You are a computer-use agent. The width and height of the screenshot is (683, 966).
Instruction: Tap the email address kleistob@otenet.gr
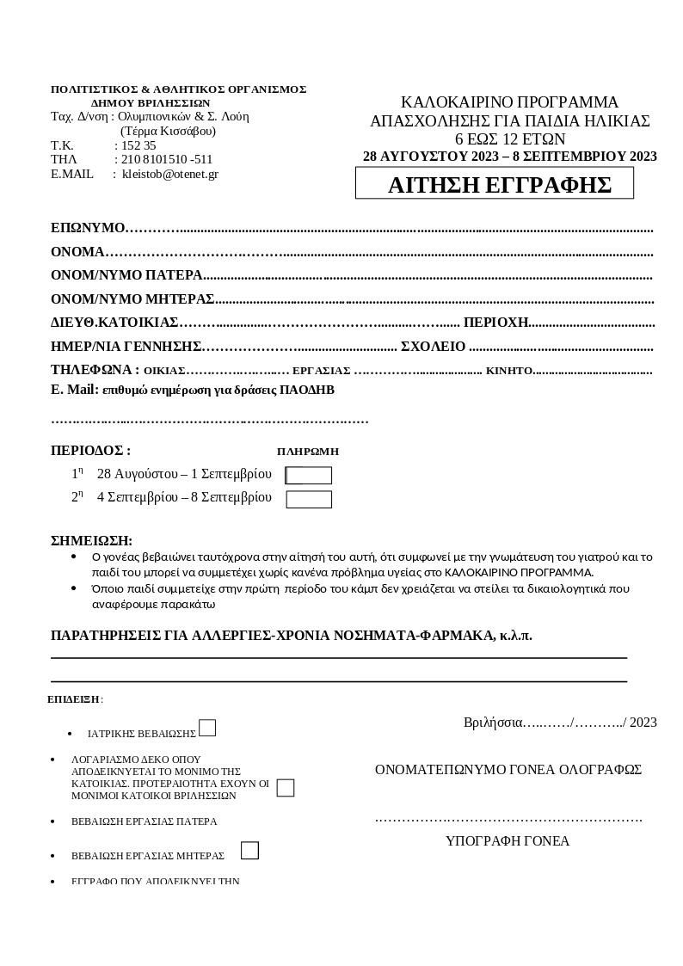pos(169,174)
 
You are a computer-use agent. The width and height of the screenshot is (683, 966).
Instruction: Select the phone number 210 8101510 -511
pos(166,159)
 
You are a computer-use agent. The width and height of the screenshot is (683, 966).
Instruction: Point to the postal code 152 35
pos(138,145)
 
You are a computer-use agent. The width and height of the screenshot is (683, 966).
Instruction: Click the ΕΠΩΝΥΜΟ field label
pos(88,228)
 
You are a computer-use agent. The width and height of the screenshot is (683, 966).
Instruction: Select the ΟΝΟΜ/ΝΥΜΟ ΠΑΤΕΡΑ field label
pos(126,275)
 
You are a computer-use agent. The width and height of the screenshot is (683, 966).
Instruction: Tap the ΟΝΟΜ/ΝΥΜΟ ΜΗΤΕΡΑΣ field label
pos(132,299)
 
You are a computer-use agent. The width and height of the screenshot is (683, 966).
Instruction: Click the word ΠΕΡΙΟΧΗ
pos(495,323)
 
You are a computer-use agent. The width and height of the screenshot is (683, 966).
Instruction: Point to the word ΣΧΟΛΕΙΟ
pos(434,347)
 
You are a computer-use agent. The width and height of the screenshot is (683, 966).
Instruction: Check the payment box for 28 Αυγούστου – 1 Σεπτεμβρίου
pos(309,476)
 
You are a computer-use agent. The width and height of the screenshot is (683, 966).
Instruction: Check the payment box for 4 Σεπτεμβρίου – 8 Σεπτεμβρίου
pos(309,500)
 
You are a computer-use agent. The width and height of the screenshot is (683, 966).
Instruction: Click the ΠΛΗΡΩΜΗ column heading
pos(308,452)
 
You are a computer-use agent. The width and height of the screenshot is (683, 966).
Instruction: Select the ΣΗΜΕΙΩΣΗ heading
pos(91,541)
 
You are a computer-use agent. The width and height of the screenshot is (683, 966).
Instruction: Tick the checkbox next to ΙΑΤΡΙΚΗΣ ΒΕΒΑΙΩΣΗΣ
pos(207,729)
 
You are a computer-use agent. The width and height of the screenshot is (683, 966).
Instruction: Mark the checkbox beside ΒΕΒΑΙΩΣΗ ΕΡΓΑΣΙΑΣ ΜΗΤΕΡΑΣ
pos(249,851)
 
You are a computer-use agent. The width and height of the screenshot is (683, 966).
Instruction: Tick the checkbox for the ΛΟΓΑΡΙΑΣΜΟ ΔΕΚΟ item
pos(286,788)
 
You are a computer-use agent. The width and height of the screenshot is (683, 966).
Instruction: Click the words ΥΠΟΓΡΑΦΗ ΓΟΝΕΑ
pos(508,841)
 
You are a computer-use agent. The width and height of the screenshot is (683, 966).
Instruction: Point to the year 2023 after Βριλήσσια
pos(643,723)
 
